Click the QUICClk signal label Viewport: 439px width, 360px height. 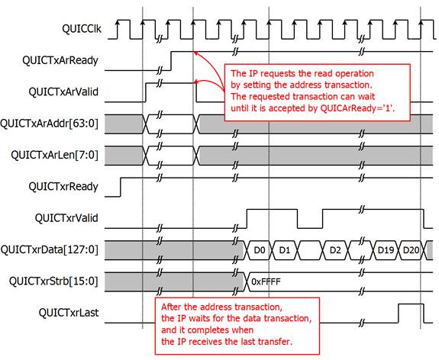tap(82, 29)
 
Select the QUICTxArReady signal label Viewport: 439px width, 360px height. tap(60, 61)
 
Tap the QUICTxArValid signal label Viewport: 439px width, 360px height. tap(63, 92)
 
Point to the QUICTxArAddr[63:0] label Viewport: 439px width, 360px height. tap(50, 124)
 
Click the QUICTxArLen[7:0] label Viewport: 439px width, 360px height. tap(55, 155)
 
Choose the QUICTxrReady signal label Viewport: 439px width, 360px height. tap(63, 187)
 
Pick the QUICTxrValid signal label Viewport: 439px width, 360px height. tap(66, 218)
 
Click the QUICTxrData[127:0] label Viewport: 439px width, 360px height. tap(50, 250)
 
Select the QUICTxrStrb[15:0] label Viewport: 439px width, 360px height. tap(53, 281)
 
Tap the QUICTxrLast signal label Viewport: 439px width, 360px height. tap(69, 313)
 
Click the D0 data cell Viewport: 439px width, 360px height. tap(260, 250)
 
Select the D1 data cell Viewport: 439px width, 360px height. tap(285, 250)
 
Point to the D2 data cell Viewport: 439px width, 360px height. tap(335, 250)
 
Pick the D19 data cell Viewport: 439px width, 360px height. tap(386, 250)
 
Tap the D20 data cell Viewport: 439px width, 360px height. tap(411, 250)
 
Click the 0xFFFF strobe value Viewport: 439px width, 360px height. tap(266, 281)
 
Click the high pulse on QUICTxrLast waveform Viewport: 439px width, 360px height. tap(411, 304)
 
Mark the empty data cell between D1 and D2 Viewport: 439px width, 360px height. tap(310, 250)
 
